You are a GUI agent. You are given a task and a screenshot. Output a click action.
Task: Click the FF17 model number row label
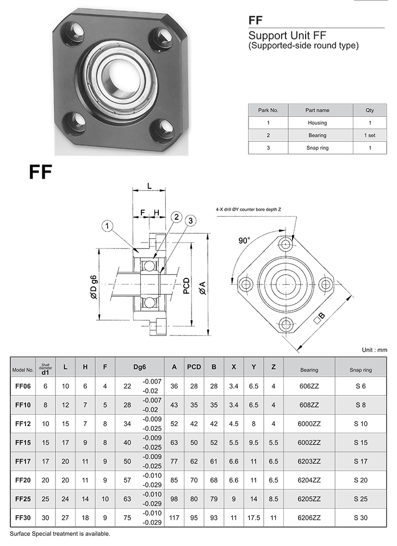pyautogui.click(x=23, y=461)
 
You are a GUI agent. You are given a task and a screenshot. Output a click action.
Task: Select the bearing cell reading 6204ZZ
pyautogui.click(x=309, y=480)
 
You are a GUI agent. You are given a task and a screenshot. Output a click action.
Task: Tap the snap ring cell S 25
pyautogui.click(x=361, y=499)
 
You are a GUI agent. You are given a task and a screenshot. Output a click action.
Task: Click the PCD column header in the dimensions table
pyautogui.click(x=194, y=367)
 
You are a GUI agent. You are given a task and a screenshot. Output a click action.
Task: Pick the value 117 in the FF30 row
pyautogui.click(x=174, y=518)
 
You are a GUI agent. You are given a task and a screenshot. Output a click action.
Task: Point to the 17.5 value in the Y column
pyautogui.click(x=253, y=518)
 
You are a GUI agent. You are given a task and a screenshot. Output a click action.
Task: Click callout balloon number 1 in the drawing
pyautogui.click(x=107, y=226)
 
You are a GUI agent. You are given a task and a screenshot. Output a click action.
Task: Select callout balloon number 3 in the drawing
pyautogui.click(x=190, y=221)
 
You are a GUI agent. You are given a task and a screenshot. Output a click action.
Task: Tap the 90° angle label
pyautogui.click(x=244, y=240)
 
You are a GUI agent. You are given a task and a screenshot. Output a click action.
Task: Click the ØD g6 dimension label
pyautogui.click(x=94, y=287)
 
